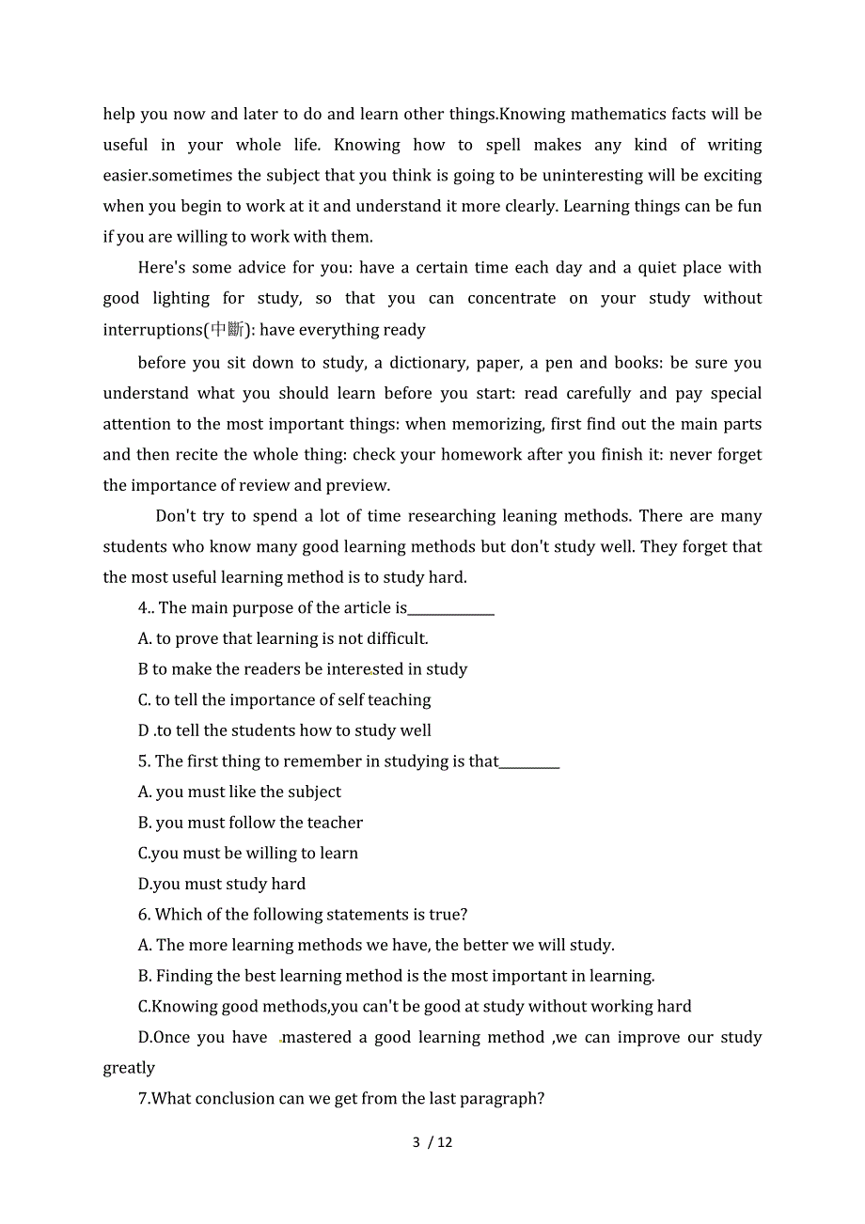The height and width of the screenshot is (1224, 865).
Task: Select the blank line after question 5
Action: pyautogui.click(x=529, y=762)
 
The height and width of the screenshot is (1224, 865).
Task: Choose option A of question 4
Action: pyautogui.click(x=283, y=639)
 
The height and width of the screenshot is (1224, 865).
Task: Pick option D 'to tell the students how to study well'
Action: pyautogui.click(x=285, y=730)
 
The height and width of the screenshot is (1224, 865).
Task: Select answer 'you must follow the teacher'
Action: pyautogui.click(x=250, y=823)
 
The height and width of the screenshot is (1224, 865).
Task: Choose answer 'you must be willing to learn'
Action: pyautogui.click(x=248, y=854)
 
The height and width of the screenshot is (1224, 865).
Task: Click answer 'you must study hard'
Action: pyautogui.click(x=222, y=884)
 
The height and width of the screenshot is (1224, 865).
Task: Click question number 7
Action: pyautogui.click(x=144, y=1099)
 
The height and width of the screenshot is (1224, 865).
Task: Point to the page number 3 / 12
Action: pyautogui.click(x=432, y=1142)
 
